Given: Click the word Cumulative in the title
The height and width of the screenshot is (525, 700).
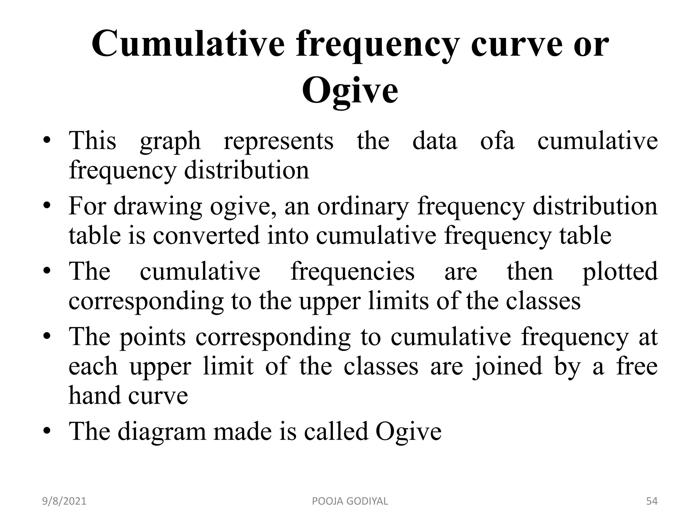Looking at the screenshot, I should (x=188, y=44).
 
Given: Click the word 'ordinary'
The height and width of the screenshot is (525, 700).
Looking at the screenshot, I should (x=363, y=207).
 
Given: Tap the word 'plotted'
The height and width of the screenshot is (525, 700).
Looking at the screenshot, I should (x=620, y=272).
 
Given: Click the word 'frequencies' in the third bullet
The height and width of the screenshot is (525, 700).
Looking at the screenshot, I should (x=352, y=272).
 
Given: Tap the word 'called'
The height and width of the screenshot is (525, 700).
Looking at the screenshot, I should (x=336, y=431).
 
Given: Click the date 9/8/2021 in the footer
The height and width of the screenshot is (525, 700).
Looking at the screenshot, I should (x=64, y=501).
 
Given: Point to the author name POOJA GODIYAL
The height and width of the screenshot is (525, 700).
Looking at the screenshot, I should (x=350, y=501).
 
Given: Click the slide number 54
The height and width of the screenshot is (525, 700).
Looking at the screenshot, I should (x=651, y=501).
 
